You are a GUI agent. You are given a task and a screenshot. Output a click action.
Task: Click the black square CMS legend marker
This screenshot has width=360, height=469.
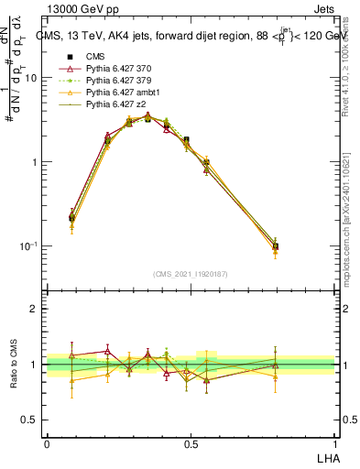pyautogui.click(x=65, y=57)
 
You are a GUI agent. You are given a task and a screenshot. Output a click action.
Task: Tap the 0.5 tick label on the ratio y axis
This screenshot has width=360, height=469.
pyautogui.click(x=30, y=420)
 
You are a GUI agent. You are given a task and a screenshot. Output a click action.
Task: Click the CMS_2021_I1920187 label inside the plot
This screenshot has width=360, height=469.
pyautogui.click(x=191, y=273)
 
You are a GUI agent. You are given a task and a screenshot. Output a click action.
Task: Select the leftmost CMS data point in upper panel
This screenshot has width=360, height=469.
pyautogui.click(x=72, y=218)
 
